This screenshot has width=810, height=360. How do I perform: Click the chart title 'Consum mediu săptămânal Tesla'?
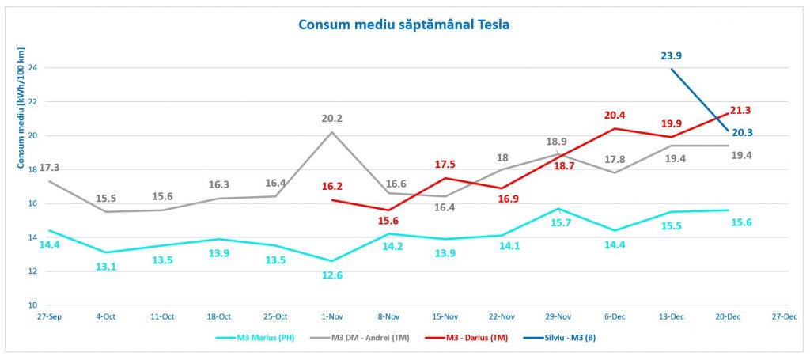click(403, 25)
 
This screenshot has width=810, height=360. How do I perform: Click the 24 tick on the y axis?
click(33, 67)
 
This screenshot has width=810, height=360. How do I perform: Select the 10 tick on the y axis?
click(33, 305)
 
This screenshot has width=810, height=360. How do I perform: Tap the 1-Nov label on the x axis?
click(331, 316)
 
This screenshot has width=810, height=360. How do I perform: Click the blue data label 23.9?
click(672, 55)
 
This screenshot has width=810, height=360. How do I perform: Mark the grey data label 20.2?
click(331, 119)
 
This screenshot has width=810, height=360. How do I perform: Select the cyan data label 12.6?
click(331, 275)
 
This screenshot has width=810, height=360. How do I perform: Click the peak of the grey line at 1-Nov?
click(331, 132)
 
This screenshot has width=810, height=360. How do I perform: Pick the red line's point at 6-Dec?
click(615, 128)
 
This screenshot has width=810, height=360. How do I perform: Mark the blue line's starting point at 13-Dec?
click(672, 69)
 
